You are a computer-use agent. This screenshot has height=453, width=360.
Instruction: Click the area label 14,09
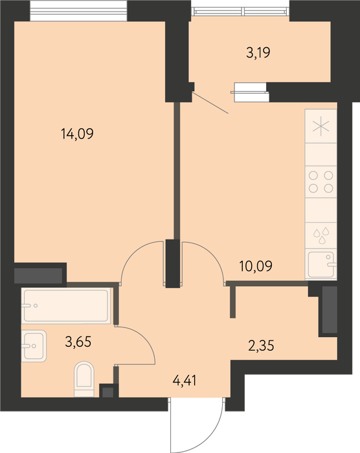[77, 134]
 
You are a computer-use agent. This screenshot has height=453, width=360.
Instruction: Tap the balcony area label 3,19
[258, 53]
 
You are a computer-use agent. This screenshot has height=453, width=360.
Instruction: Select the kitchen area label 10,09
[256, 266]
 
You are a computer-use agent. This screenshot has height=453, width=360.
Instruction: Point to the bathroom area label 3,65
[78, 342]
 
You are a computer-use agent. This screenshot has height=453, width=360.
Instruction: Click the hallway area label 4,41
[185, 381]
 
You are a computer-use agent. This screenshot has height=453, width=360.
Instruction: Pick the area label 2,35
[261, 346]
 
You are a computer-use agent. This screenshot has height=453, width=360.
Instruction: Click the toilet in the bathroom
[84, 379]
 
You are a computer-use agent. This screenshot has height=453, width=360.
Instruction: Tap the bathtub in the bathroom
[66, 305]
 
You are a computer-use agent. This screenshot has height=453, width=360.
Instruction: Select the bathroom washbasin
[34, 346]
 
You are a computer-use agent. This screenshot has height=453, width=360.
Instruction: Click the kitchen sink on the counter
[321, 264]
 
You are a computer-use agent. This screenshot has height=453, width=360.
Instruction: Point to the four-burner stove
[321, 182]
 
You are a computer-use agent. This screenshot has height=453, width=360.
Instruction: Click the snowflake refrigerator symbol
[321, 126]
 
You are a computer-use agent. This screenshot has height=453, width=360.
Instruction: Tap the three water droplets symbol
[322, 236]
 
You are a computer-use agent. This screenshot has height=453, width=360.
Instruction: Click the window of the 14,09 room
[78, 10]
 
